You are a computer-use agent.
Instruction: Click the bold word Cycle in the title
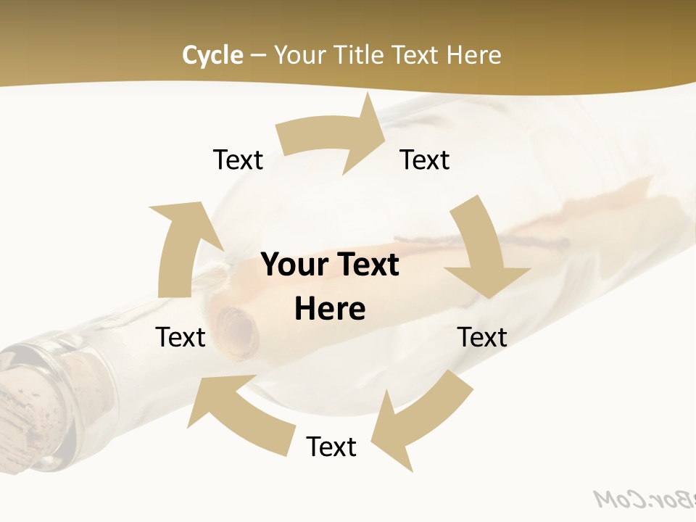[212, 55]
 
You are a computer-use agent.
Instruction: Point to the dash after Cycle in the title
[258, 56]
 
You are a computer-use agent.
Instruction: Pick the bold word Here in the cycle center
[330, 310]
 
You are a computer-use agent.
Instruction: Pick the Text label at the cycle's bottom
[331, 447]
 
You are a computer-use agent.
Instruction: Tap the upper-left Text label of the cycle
[238, 159]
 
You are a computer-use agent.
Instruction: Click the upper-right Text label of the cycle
[425, 159]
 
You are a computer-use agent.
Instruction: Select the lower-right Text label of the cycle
[482, 337]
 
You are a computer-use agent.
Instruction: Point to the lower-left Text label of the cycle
[181, 337]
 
